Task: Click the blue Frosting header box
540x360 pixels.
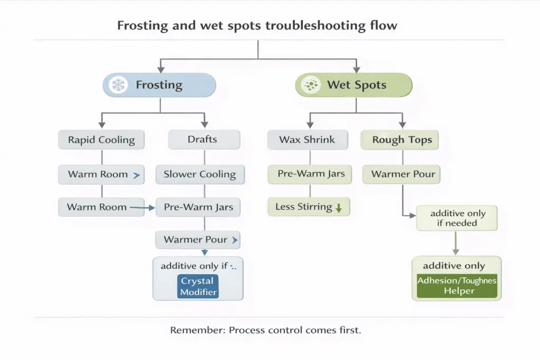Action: (x=159, y=85)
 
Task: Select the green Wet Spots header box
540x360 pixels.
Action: (x=353, y=85)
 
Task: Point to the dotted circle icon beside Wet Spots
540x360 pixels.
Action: (x=311, y=85)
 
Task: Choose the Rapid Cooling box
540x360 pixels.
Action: (x=101, y=140)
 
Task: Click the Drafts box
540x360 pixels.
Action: (x=204, y=140)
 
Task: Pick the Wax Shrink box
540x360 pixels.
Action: (x=307, y=140)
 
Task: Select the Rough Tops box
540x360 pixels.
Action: (x=402, y=140)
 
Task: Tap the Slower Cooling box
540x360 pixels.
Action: (x=199, y=174)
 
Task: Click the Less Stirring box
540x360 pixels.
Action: (x=308, y=207)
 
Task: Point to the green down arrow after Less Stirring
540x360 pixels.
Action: (x=339, y=208)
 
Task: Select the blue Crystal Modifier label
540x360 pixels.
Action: (x=197, y=287)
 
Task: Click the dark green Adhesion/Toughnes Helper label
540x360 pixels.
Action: (x=457, y=286)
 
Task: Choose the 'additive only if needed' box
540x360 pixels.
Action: (x=457, y=218)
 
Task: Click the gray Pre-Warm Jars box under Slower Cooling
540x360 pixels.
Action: (x=198, y=207)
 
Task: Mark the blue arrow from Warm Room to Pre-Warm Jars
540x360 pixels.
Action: (x=143, y=208)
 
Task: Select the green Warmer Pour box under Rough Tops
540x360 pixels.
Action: (x=402, y=174)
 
